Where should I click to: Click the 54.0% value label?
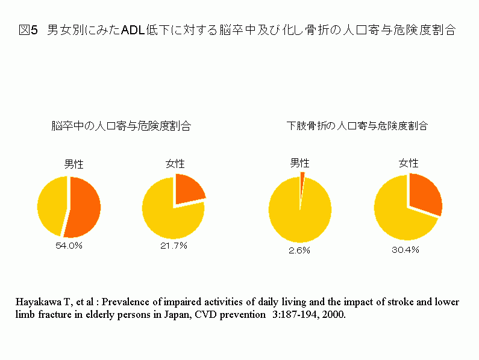[69, 246]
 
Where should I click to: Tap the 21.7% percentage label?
[174, 246]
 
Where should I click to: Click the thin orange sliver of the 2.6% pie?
[302, 176]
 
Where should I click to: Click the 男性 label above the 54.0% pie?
[74, 163]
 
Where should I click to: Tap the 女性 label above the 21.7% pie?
[175, 163]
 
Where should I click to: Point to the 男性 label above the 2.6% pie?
[299, 163]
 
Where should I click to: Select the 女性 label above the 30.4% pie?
[409, 163]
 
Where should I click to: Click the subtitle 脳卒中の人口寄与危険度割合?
[121, 126]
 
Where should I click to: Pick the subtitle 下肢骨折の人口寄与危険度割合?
[357, 126]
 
